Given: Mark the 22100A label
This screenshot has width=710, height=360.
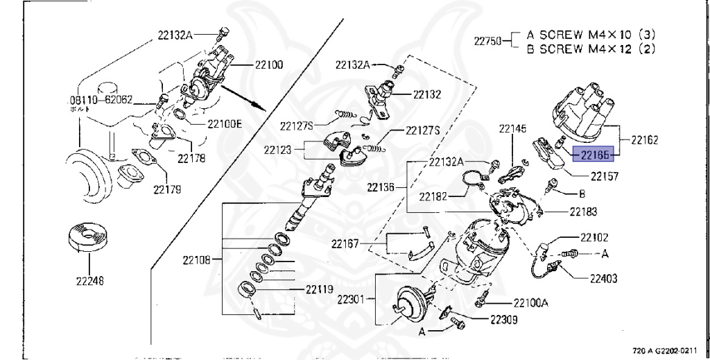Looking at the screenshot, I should (x=530, y=302).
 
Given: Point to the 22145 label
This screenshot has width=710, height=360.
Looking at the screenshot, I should (x=512, y=128).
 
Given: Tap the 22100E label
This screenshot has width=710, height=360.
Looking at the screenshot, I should (x=225, y=124).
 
